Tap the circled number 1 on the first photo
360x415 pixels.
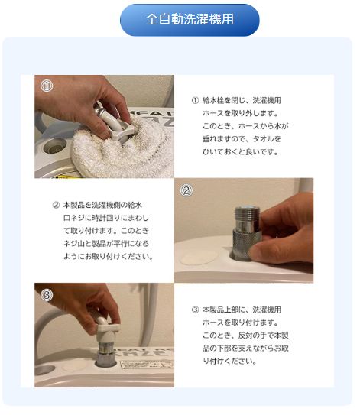click(47, 86)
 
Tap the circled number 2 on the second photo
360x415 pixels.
click(186, 190)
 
